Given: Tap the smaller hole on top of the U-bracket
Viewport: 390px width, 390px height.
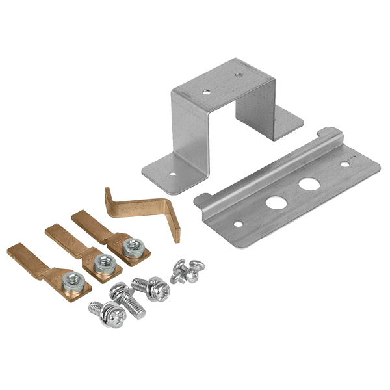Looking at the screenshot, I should (x=238, y=75).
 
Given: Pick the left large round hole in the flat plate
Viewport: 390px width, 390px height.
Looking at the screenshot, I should (x=276, y=201).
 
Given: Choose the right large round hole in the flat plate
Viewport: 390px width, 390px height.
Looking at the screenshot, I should (x=305, y=186).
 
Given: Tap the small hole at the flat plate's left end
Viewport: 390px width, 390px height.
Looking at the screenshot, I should (x=239, y=224).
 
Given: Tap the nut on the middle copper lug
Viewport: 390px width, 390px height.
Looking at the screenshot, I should (x=101, y=263).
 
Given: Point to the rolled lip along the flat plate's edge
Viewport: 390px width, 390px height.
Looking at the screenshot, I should (x=273, y=169).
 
